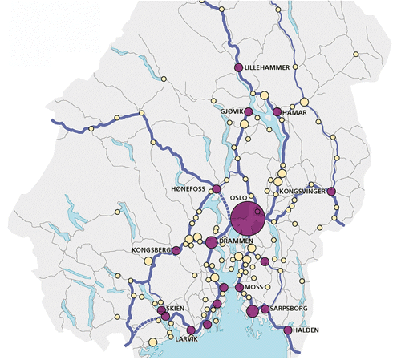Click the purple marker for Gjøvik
(249, 112)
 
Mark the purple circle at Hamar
(277, 113)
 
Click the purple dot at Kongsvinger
(330, 191)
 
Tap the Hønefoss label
(189, 189)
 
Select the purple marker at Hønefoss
(216, 189)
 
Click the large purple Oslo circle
(248, 217)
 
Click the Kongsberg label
(151, 251)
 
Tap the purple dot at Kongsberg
(176, 251)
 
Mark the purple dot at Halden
(288, 330)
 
